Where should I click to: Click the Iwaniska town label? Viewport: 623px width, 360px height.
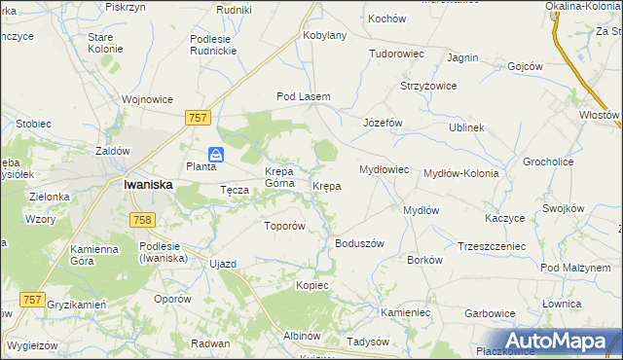[x=148, y=184]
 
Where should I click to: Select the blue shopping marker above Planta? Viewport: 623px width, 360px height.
[x=216, y=154]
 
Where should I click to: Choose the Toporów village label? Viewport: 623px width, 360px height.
[x=285, y=226]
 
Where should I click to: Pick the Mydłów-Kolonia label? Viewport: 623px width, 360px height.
[x=460, y=173]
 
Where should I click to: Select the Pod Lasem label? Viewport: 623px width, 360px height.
[x=304, y=96]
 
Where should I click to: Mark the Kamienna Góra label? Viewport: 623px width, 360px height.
[x=93, y=256]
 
